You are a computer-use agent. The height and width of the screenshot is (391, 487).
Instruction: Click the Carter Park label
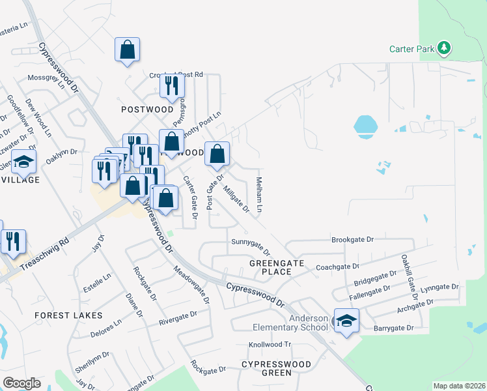[x=412, y=48]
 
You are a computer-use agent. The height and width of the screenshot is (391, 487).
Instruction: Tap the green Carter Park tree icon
[x=444, y=48]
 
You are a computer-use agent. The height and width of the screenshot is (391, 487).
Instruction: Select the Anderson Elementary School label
[x=291, y=323]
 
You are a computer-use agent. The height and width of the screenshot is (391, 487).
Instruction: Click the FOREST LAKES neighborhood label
[x=68, y=315]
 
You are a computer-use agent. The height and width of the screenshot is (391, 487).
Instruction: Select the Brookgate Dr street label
[x=352, y=240]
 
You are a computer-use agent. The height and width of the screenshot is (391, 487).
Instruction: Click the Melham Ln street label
[x=260, y=195]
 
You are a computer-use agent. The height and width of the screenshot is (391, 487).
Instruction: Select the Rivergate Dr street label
[x=178, y=318]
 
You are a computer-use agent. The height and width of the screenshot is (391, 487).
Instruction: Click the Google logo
[x=22, y=383]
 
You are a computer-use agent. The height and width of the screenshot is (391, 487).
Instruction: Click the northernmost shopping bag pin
[x=128, y=50]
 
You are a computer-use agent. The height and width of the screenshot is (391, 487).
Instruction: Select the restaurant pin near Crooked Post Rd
[x=172, y=85]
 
